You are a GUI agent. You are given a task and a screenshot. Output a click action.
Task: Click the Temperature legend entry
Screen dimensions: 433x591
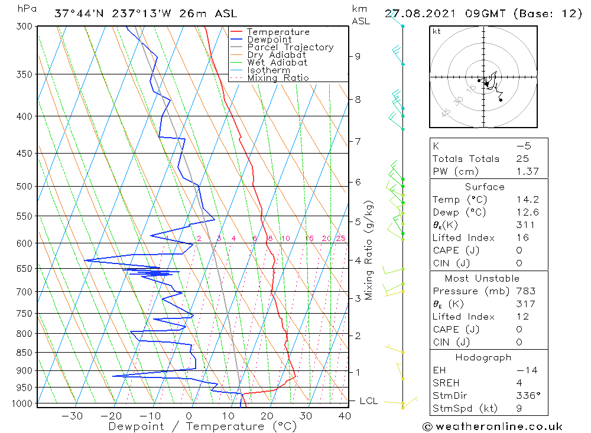coord(278,32)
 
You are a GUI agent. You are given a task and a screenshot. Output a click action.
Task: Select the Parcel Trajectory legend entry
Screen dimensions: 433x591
coord(290,47)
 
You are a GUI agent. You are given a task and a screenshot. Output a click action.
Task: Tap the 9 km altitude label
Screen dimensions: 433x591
coord(358,56)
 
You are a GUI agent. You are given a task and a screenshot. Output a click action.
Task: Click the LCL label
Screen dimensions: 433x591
coord(368,401)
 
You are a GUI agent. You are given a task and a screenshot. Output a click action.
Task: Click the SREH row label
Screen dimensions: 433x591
coord(446,383)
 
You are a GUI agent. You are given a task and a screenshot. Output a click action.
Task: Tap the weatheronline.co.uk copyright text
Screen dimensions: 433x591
coord(492,427)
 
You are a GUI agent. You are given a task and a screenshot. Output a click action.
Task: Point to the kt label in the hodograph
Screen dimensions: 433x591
coord(437,31)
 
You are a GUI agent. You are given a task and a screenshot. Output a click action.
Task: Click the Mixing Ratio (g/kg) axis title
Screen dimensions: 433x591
coord(369,250)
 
